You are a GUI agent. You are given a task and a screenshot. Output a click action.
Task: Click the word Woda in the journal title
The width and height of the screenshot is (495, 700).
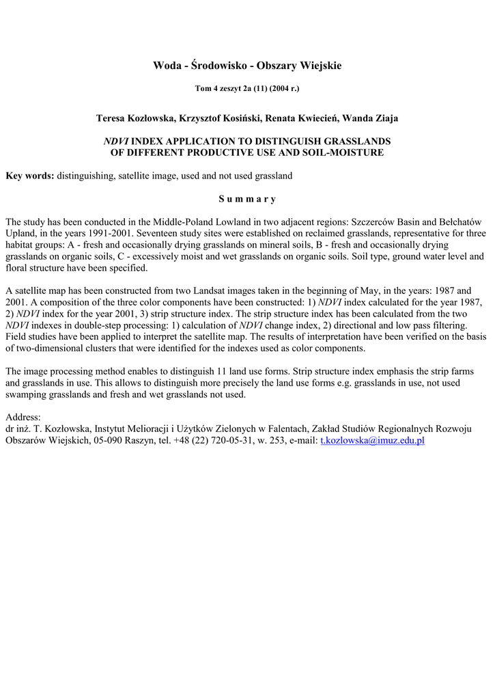point(167,66)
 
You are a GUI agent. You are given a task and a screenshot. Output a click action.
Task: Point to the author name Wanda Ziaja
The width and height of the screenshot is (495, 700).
point(370,118)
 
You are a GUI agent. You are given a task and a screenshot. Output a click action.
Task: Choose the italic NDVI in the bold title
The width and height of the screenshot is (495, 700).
point(115,141)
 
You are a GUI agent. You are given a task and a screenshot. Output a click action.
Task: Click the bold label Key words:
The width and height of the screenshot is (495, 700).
point(29,176)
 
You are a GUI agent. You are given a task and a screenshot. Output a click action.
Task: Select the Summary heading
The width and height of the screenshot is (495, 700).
point(247,199)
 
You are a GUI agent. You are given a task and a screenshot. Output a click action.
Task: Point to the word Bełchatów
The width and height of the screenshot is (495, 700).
point(457,221)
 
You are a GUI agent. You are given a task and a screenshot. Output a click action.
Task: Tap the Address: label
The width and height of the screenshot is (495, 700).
point(23,417)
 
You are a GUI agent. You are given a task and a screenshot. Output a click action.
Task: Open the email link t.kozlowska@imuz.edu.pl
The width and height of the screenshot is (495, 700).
point(372,440)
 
